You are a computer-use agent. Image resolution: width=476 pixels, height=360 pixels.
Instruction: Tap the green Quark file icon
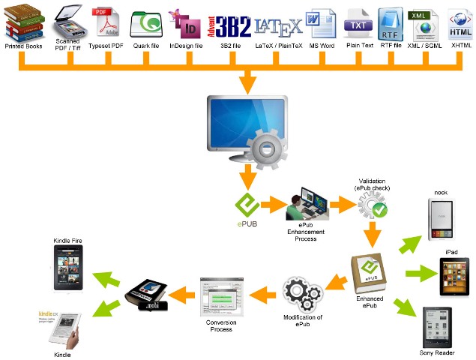click(x=146, y=24)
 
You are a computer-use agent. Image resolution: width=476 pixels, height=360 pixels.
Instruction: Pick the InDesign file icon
click(x=185, y=24)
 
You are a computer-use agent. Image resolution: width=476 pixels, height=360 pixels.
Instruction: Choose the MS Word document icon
click(x=322, y=23)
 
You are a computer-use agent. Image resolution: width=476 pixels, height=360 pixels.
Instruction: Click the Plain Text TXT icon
click(x=359, y=23)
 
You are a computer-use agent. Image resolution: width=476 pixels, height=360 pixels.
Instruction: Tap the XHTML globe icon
click(x=459, y=23)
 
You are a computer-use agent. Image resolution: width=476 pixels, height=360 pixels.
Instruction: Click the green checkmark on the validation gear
click(x=380, y=211)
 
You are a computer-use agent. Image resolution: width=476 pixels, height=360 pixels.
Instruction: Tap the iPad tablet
click(x=454, y=276)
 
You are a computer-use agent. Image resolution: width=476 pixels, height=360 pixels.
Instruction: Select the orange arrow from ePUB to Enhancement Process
click(x=276, y=202)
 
